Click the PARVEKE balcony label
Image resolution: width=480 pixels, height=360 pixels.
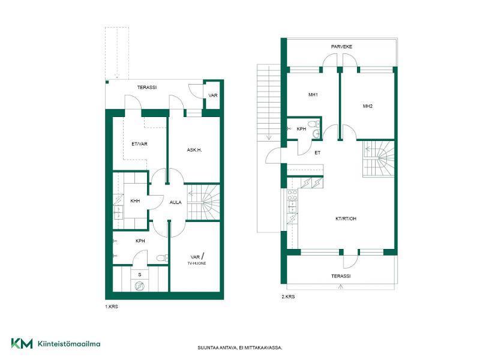pyautogui.click(x=341, y=47)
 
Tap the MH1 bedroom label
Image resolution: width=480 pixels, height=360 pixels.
pyautogui.click(x=313, y=95)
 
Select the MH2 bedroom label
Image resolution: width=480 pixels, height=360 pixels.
pyautogui.click(x=368, y=106)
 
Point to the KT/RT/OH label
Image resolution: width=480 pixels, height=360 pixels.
pyautogui.click(x=346, y=218)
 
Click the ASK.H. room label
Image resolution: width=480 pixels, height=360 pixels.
pyautogui.click(x=194, y=150)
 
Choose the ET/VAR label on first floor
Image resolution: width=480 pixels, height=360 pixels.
pyautogui.click(x=139, y=144)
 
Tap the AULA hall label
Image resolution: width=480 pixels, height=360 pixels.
pyautogui.click(x=175, y=202)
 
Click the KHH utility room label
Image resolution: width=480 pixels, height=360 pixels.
pyautogui.click(x=135, y=201)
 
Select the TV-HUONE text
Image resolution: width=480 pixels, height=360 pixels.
pyautogui.click(x=197, y=263)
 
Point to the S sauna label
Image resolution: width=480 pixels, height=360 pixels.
pyautogui.click(x=140, y=275)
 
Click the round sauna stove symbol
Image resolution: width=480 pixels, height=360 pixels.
pyautogui.click(x=139, y=286)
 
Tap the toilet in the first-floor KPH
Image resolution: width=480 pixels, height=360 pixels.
pyautogui.click(x=162, y=258)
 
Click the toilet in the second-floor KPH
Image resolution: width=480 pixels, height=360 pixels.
pyautogui.click(x=314, y=124)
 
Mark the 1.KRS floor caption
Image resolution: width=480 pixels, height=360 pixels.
pyautogui.click(x=112, y=307)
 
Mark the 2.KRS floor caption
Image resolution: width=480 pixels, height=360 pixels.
pyautogui.click(x=288, y=296)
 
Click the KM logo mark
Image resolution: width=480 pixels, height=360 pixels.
pyautogui.click(x=22, y=343)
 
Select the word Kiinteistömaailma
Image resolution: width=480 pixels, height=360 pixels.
pyautogui.click(x=69, y=344)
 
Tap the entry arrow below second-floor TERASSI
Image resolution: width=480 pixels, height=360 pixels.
pyautogui.click(x=341, y=287)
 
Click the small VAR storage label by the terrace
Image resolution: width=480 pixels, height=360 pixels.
pyautogui.click(x=213, y=95)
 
